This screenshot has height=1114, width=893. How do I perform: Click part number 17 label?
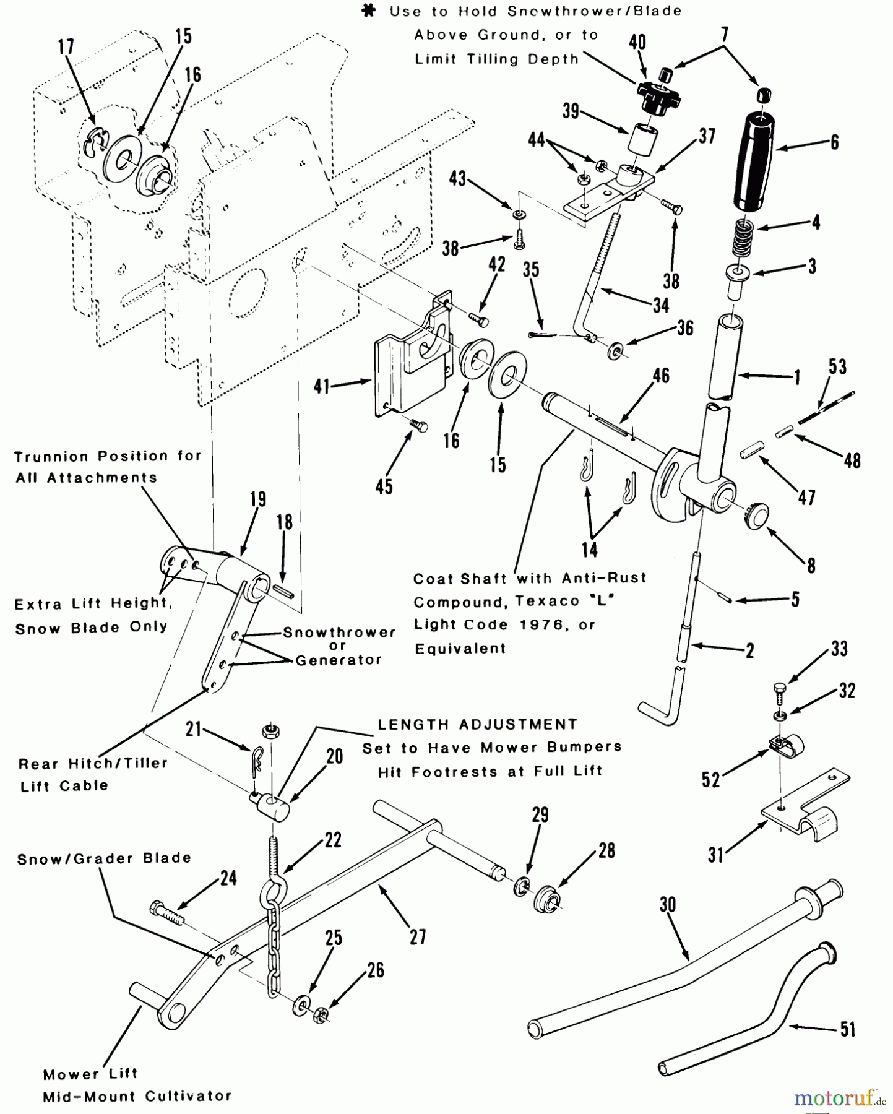pyautogui.click(x=66, y=47)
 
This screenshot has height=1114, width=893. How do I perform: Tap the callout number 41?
pyautogui.click(x=322, y=387)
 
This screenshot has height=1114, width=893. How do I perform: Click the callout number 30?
pyautogui.click(x=668, y=905)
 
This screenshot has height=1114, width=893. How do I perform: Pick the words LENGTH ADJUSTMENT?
pyautogui.click(x=477, y=724)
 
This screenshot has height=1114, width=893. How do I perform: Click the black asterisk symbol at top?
pyautogui.click(x=371, y=11)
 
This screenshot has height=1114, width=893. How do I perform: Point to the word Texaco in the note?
pyautogui.click(x=541, y=602)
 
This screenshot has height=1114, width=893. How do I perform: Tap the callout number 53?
pyautogui.click(x=837, y=366)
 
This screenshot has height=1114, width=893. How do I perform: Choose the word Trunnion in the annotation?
pyautogui.click(x=50, y=457)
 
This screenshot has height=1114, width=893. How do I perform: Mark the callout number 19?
pyautogui.click(x=258, y=499)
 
